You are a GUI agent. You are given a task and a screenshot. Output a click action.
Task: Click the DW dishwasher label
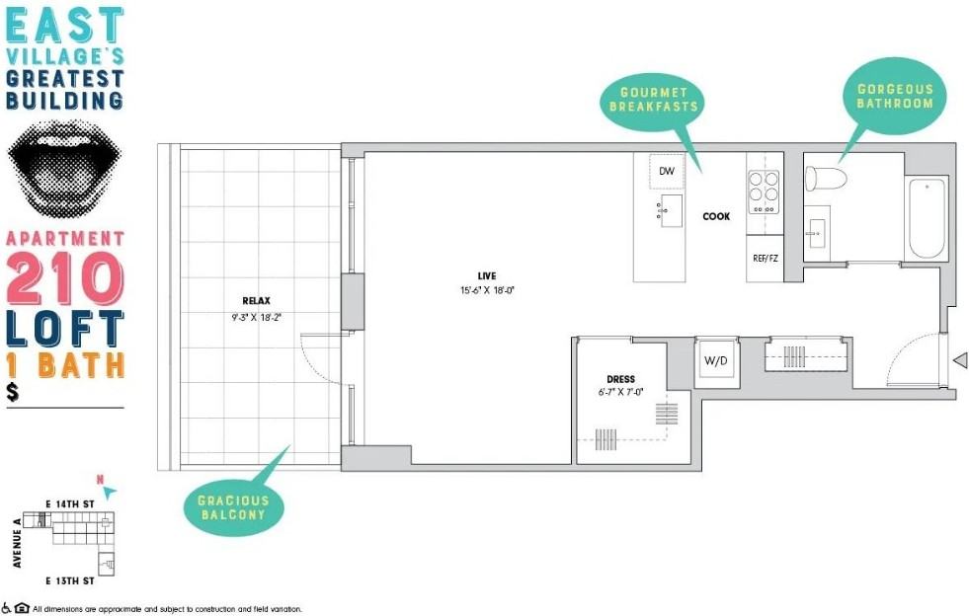coord(666,171)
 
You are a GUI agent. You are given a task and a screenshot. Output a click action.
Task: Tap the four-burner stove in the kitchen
coord(764,192)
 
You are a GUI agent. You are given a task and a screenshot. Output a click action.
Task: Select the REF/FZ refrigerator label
coord(766,259)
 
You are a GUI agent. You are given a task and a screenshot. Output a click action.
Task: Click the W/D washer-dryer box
coord(716,361)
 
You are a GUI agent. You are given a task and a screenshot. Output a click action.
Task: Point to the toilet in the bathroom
coord(825,179)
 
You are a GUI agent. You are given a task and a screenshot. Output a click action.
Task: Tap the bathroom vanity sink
coord(816,233)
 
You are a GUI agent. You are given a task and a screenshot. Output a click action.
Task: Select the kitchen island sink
coord(670,210)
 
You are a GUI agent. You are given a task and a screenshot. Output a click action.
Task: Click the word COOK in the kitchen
coord(716,216)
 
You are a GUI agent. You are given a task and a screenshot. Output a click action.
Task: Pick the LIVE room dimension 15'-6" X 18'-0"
coord(487,290)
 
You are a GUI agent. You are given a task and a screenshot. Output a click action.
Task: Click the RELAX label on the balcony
coord(256,301)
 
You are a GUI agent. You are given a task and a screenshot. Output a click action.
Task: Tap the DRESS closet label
coord(620,379)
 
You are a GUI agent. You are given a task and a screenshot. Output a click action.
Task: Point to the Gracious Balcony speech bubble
coord(234,505)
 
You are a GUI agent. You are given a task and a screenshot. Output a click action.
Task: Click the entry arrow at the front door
coord(960,360)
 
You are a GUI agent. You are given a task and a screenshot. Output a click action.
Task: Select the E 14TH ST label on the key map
coord(70,504)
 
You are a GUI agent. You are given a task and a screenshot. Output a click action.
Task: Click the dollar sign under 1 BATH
coord(13,392)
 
